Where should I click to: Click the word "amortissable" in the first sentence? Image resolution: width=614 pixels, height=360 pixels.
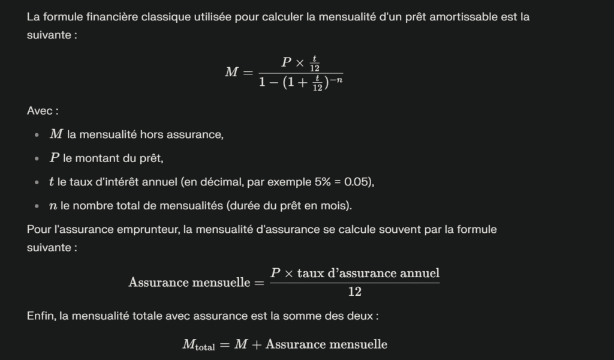(469, 17)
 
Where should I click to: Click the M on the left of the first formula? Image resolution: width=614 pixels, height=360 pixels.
(231, 73)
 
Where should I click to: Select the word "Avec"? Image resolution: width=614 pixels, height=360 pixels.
(39, 111)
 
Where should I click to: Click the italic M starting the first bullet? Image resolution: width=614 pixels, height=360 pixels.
(56, 134)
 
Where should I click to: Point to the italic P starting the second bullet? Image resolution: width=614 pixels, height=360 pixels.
(54, 158)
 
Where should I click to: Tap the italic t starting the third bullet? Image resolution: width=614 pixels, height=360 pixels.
(52, 182)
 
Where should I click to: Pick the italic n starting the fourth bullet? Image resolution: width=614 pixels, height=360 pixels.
(53, 206)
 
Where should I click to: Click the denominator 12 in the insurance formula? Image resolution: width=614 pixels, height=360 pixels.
(354, 292)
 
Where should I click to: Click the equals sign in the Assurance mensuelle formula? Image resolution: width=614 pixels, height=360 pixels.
(258, 282)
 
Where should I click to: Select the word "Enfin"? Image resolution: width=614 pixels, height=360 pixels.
(41, 316)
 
